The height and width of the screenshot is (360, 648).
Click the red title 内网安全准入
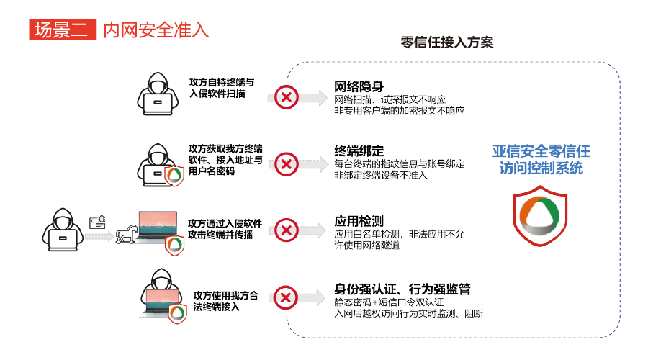[x=156, y=30]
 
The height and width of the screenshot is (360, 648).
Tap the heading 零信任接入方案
[x=447, y=42]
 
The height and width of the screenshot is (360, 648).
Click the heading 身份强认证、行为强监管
[x=402, y=289]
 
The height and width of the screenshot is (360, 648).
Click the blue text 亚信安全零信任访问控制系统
[x=541, y=159]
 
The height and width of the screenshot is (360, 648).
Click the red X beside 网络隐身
[x=287, y=97]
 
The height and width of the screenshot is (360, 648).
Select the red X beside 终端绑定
[x=287, y=164]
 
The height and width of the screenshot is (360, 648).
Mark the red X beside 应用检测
[x=287, y=230]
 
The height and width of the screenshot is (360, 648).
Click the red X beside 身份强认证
[x=287, y=298]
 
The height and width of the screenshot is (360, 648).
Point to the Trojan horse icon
[x=129, y=231]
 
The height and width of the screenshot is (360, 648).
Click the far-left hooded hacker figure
[x=61, y=228]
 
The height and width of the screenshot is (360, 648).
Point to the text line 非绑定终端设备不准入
[x=381, y=175]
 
